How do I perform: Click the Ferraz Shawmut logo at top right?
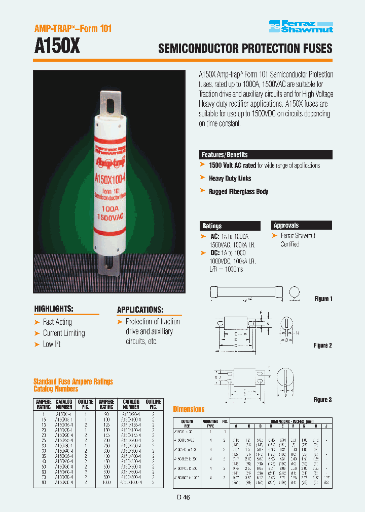click(x=301, y=26)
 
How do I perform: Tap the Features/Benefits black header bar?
click(x=266, y=155)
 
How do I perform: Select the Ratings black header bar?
click(x=230, y=226)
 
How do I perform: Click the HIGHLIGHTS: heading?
click(x=54, y=309)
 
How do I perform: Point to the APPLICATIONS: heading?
click(x=140, y=310)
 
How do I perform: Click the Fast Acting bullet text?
click(x=57, y=322)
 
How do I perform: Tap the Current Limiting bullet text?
click(x=64, y=333)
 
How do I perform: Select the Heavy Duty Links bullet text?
click(x=230, y=178)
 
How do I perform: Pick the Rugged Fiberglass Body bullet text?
click(x=238, y=191)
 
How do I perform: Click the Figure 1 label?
click(x=322, y=299)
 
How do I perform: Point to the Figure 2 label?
click(x=322, y=346)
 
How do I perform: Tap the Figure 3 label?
click(x=322, y=400)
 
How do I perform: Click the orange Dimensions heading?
click(x=189, y=409)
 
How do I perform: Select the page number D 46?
click(x=184, y=497)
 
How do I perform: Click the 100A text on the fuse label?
click(x=110, y=207)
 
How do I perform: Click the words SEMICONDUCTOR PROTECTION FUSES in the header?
click(x=245, y=49)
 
